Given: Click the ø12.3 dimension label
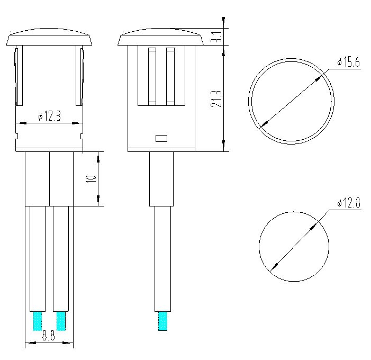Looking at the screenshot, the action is (49, 116).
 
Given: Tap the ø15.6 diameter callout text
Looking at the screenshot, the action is (348, 62).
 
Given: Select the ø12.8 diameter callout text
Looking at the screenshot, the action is (349, 203).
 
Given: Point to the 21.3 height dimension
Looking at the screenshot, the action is (216, 98).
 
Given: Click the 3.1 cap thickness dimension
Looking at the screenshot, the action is (216, 37).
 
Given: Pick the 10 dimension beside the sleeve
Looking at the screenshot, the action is (92, 178).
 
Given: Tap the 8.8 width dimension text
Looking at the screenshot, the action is (49, 336).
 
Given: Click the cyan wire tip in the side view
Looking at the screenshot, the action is (162, 321).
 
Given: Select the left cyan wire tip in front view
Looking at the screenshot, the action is (38, 321).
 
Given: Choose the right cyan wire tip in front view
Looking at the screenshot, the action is (61, 321).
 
